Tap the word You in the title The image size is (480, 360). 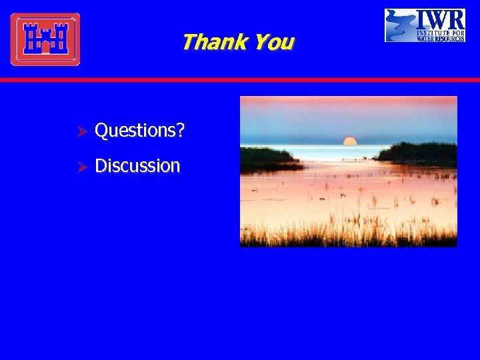(x=274, y=42)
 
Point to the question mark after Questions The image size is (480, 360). (x=181, y=131)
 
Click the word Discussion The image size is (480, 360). (x=137, y=165)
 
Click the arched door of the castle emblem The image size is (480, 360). (x=45, y=47)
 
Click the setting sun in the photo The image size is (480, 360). (x=350, y=141)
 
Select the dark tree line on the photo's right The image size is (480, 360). (x=419, y=153)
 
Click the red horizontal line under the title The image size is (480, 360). (x=240, y=79)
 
